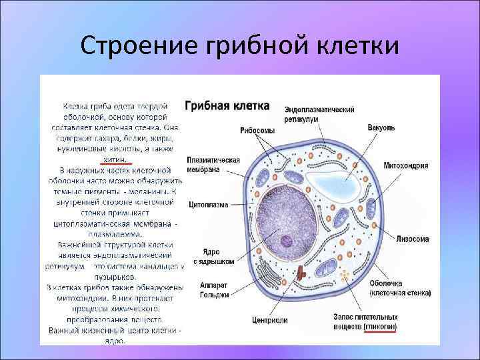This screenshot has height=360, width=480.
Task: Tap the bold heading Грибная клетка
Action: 227,106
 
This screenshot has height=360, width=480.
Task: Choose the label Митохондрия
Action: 405,165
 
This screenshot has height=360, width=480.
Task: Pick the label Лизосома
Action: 412,238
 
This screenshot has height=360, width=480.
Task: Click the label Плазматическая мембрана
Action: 213,165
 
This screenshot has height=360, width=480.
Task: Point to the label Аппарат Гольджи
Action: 213,289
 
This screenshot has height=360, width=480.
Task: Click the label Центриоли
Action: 270,320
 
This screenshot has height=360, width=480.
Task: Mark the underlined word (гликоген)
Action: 379,328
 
